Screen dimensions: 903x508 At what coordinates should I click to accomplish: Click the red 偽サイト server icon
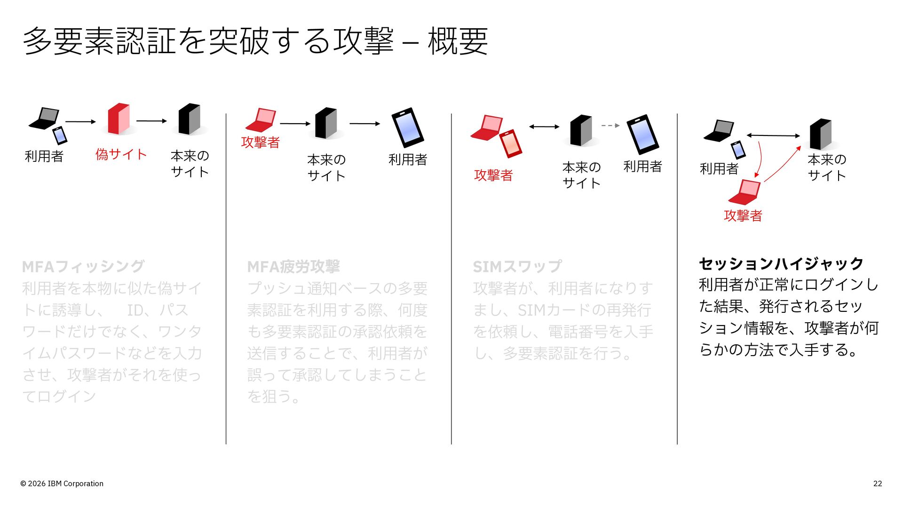119,119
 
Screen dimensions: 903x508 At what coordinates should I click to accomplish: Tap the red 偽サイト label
121,154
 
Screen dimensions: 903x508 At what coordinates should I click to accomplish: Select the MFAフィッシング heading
83,267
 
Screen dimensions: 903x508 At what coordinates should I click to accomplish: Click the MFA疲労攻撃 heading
293,267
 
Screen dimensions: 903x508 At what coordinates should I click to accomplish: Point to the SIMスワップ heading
517,267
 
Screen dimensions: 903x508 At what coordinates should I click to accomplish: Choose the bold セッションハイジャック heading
781,263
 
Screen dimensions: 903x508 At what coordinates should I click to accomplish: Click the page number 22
878,484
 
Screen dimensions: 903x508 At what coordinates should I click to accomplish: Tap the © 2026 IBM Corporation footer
62,484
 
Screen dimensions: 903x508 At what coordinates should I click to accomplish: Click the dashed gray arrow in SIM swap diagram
610,126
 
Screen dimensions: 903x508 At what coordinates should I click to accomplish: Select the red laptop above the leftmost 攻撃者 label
261,120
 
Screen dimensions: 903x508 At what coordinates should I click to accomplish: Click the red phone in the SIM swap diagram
510,143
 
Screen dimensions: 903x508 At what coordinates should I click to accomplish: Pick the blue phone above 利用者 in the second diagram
408,127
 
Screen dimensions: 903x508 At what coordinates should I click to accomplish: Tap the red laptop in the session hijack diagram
745,192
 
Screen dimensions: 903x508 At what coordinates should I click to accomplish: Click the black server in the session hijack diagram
821,134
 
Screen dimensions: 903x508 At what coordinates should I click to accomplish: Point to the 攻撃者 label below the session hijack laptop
743,215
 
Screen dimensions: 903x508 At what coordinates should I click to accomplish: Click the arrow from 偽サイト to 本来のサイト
151,121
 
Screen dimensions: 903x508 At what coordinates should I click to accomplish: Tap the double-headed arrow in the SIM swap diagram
544,127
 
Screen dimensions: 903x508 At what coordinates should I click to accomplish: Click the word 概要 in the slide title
458,41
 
